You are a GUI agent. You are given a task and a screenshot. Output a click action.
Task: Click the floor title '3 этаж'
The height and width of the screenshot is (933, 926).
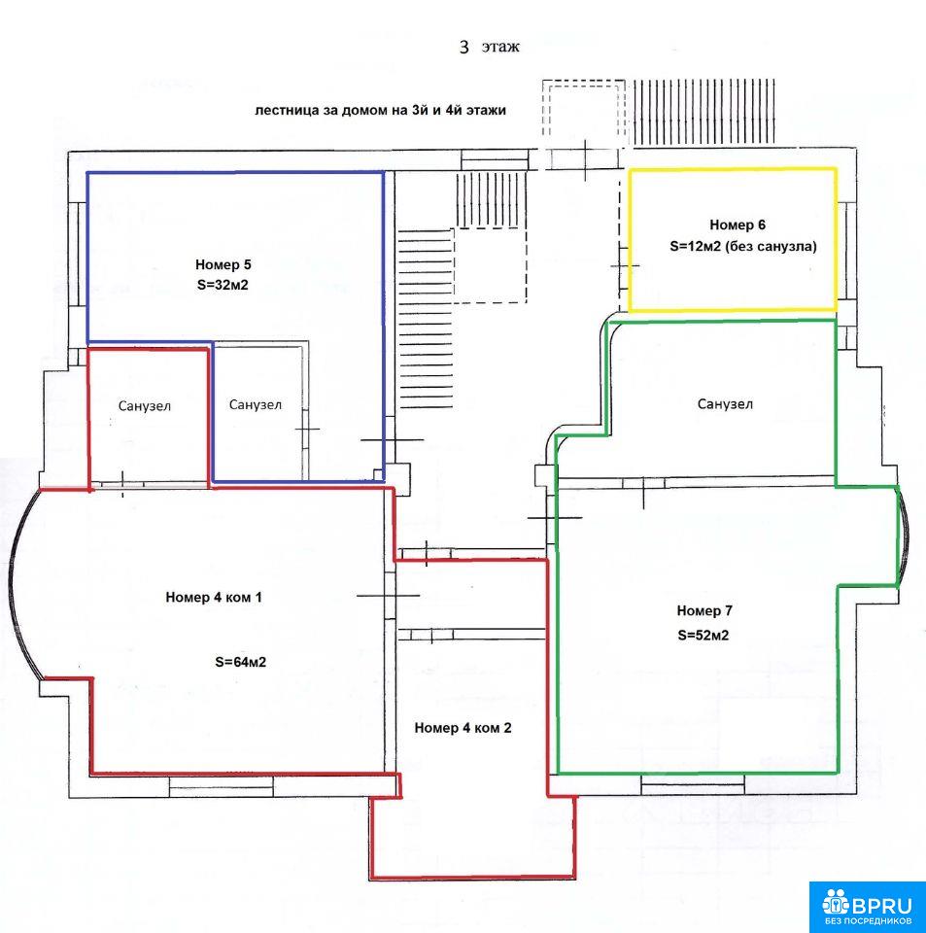pyautogui.click(x=490, y=47)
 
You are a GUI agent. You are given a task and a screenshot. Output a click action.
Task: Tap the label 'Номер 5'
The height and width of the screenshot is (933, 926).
pyautogui.click(x=223, y=264)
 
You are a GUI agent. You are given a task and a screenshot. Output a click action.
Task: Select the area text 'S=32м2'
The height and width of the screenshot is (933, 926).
pyautogui.click(x=223, y=285)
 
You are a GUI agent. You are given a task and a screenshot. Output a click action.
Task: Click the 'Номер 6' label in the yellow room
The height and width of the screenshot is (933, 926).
pyautogui.click(x=737, y=225)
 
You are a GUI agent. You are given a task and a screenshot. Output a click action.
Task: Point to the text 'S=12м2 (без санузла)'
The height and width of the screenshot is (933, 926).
pyautogui.click(x=743, y=246)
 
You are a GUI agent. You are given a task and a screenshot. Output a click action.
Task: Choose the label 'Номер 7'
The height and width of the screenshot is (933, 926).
pyautogui.click(x=704, y=610)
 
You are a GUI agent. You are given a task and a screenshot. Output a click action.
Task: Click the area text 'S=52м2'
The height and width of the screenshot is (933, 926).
pyautogui.click(x=703, y=635)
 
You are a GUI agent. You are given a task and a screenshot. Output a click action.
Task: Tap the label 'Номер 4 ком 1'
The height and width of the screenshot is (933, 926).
pyautogui.click(x=214, y=597)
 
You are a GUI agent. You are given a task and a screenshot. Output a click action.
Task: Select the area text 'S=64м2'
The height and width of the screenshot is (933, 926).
pyautogui.click(x=240, y=662)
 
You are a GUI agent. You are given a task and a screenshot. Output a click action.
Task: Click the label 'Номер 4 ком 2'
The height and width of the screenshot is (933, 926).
pyautogui.click(x=463, y=728)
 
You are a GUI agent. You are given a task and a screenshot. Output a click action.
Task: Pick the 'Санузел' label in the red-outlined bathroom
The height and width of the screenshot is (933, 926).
pyautogui.click(x=145, y=406)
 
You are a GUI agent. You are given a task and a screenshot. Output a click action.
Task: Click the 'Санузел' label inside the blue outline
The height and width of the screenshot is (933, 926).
pyautogui.click(x=256, y=404)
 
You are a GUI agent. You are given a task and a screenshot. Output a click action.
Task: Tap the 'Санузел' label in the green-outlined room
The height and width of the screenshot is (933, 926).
pyautogui.click(x=725, y=404)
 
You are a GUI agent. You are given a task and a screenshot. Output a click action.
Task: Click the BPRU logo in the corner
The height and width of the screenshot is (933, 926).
pyautogui.click(x=867, y=906)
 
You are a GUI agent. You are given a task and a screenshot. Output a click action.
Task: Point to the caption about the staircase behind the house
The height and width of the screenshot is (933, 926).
pyautogui.click(x=381, y=111)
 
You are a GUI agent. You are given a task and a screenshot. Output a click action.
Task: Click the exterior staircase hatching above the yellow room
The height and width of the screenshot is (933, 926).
pyautogui.click(x=703, y=112)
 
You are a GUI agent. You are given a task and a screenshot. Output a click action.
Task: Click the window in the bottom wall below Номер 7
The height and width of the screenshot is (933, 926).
pyautogui.click(x=692, y=785)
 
